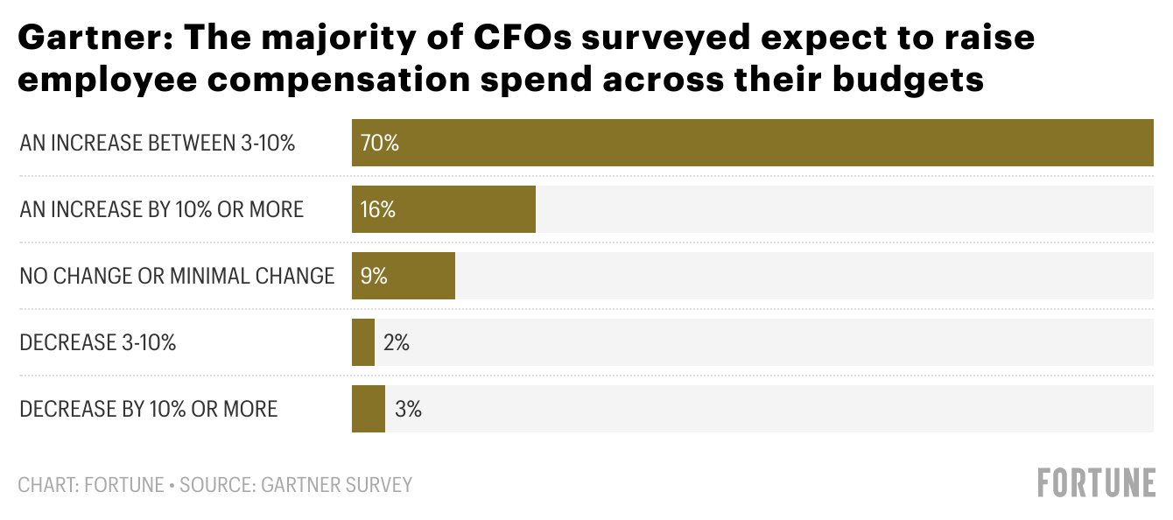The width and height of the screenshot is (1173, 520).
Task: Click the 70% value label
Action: coord(379,143)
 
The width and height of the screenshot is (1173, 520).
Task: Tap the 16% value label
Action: coord(377,209)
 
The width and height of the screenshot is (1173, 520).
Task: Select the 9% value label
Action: coord(374,276)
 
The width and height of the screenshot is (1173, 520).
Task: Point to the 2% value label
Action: coord(396,342)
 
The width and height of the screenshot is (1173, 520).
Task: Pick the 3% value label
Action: coord(408,409)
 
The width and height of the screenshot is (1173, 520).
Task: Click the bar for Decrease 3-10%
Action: coord(362,342)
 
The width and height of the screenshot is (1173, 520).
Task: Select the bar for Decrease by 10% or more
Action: coord(368,409)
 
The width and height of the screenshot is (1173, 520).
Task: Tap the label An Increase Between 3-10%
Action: coord(158,144)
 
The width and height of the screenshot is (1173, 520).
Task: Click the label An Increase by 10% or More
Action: coord(161,210)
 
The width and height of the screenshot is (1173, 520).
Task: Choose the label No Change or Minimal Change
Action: coord(177,277)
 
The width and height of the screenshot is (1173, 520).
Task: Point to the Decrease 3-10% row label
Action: coord(97,343)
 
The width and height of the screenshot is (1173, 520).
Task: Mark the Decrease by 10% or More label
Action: coord(148,410)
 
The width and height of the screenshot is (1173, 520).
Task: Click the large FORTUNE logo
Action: coord(1096,483)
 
